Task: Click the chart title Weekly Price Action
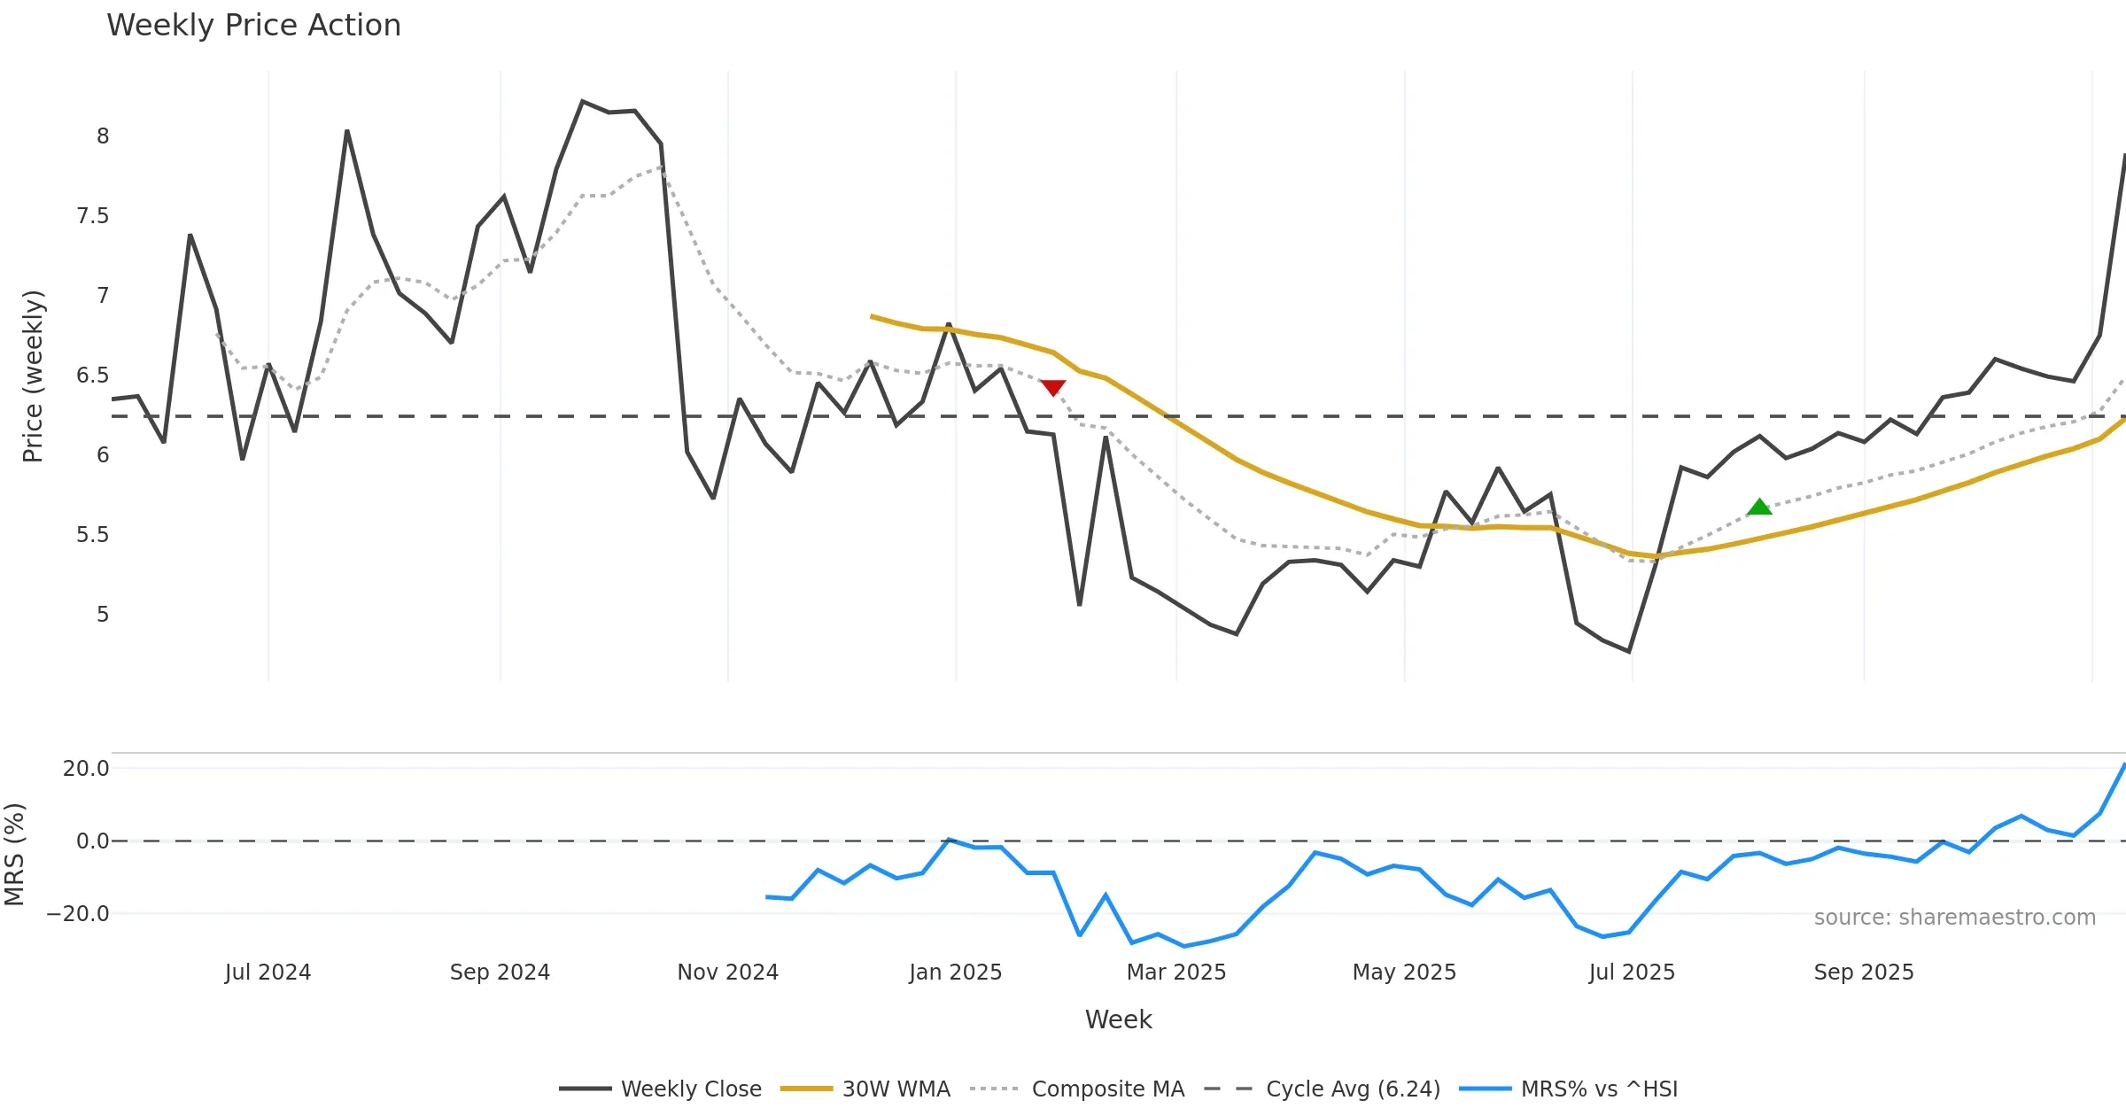[x=253, y=26]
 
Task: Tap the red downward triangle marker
[x=1052, y=388]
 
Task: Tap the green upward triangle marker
[x=1759, y=507]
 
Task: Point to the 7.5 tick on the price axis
[x=92, y=216]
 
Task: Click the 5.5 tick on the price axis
[x=92, y=535]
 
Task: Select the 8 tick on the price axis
[x=103, y=136]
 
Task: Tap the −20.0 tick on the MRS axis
[x=78, y=914]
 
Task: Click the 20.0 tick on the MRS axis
[x=85, y=769]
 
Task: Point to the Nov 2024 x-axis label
[x=727, y=973]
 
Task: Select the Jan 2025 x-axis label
[x=955, y=973]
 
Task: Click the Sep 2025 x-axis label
[x=1864, y=973]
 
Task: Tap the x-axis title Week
[x=1118, y=1020]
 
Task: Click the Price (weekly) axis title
[x=33, y=376]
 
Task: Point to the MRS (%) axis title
[x=15, y=854]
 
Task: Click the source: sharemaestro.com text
[x=1954, y=918]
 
